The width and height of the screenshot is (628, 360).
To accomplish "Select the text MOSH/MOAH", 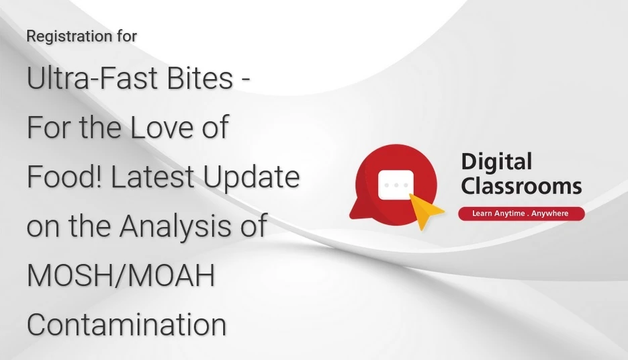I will coord(121,275).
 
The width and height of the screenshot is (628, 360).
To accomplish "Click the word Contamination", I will coord(126,325).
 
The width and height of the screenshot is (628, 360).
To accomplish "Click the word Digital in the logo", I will coord(496,162).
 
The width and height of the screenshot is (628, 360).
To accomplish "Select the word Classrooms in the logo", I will coord(521,186).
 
